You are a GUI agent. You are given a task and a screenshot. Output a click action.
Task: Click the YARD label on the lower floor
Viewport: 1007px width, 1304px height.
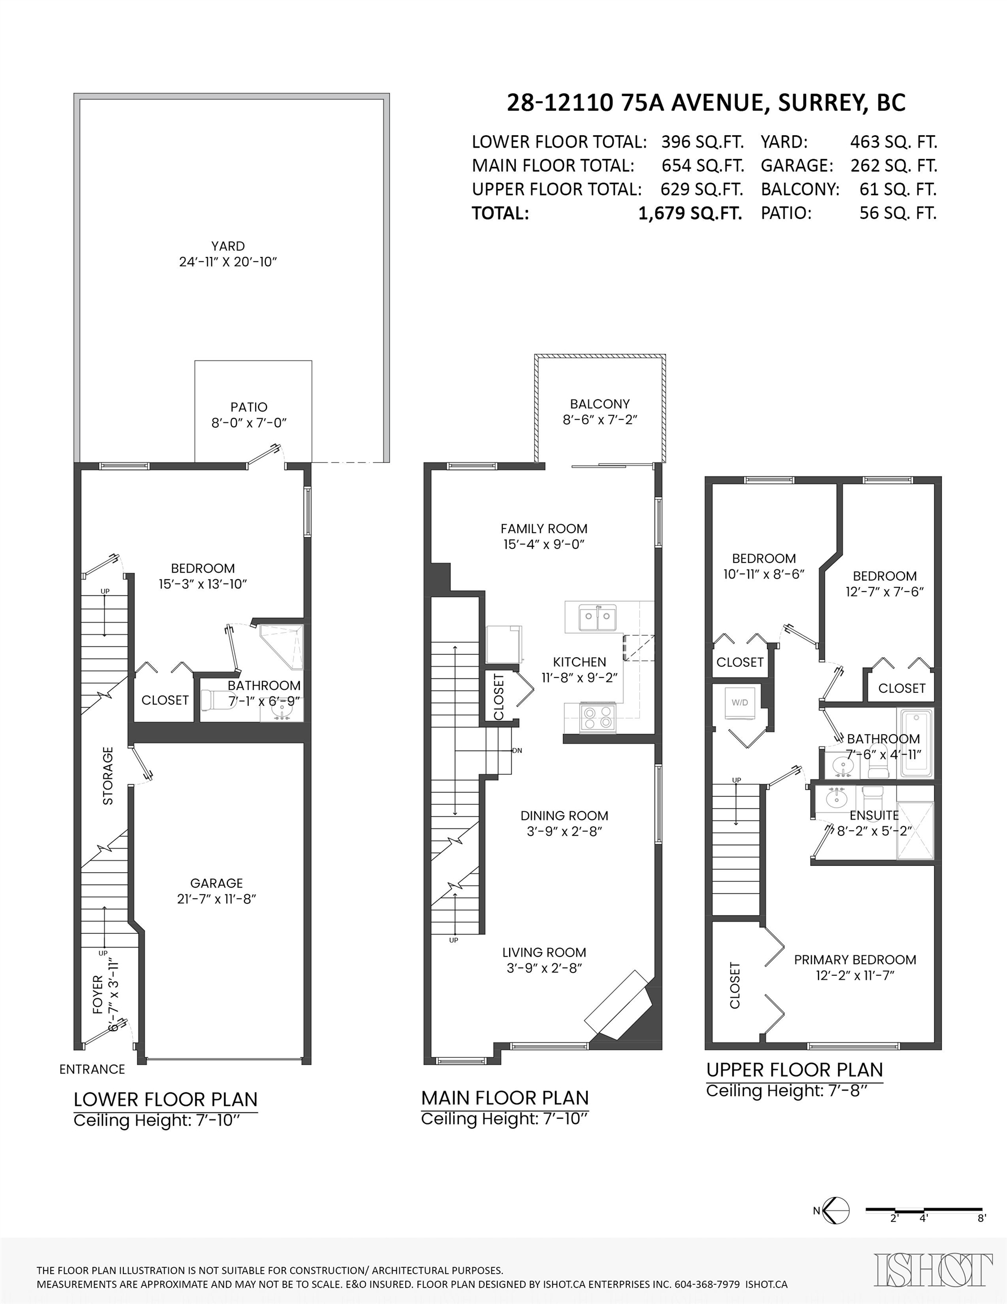coord(227,246)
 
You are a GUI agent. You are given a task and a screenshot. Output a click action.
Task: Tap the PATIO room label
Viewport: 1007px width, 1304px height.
coord(249,407)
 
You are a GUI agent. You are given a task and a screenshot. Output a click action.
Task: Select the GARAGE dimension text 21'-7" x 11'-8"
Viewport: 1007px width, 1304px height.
coord(216,899)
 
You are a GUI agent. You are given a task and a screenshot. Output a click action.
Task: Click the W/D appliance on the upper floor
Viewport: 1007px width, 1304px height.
coord(740,702)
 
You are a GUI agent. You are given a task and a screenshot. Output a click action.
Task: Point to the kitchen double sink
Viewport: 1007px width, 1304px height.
coord(597,617)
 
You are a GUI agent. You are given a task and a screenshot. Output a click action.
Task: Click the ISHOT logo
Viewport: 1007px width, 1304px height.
coord(933,1269)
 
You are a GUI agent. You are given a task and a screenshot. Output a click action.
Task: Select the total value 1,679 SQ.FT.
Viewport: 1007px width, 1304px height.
coord(690,213)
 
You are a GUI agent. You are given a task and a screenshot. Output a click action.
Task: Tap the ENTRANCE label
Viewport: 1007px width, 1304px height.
coord(92,1069)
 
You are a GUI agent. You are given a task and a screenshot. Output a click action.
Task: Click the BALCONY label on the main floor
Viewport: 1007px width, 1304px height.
coord(600,404)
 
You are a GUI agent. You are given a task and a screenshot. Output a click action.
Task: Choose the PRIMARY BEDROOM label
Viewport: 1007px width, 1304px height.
coord(855,959)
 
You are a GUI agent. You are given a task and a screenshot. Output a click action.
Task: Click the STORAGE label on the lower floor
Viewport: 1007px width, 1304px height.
coord(108,775)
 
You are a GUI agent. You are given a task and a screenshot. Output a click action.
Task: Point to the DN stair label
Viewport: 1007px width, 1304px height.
coord(517,750)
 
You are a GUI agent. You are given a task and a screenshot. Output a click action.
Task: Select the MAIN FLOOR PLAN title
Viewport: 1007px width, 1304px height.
coord(505,1097)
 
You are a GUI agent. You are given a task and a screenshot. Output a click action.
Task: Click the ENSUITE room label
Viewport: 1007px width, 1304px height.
coord(874,815)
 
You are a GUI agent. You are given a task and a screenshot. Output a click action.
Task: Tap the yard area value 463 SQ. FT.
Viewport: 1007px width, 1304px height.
coord(894,142)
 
